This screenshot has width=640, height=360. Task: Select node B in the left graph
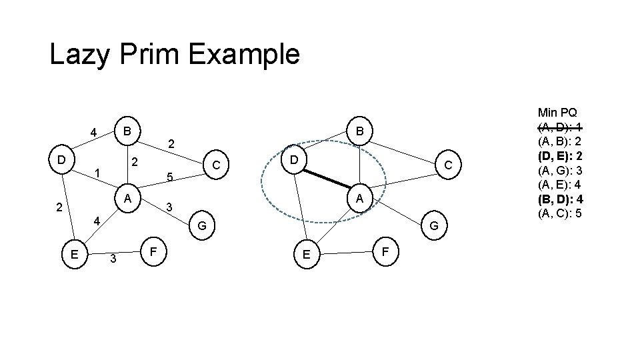(127, 129)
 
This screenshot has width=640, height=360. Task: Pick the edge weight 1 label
(97, 173)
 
